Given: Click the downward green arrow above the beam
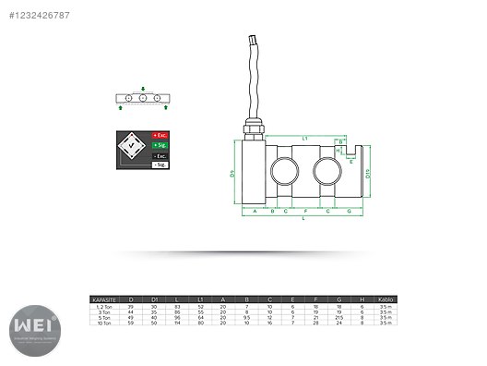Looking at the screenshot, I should (x=142, y=89).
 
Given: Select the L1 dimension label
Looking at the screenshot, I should (x=305, y=138).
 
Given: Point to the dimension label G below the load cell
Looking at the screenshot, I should (x=350, y=212).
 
